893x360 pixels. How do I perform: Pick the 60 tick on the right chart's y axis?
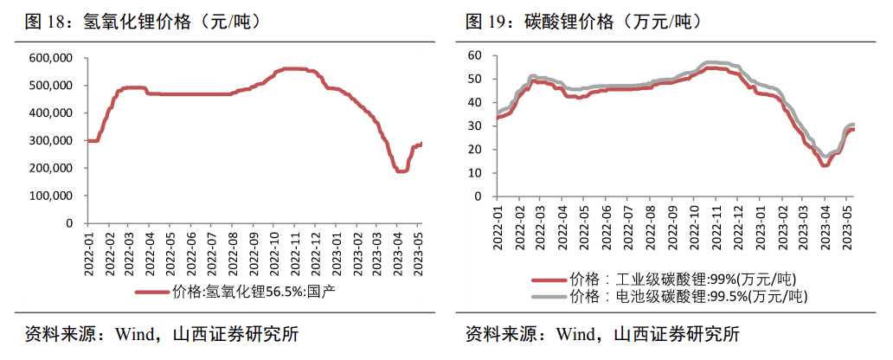[x=474, y=55]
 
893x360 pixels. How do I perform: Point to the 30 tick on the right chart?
[x=474, y=125]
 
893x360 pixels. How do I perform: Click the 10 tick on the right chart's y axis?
[x=474, y=173]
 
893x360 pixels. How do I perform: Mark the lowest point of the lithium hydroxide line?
[x=401, y=171]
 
